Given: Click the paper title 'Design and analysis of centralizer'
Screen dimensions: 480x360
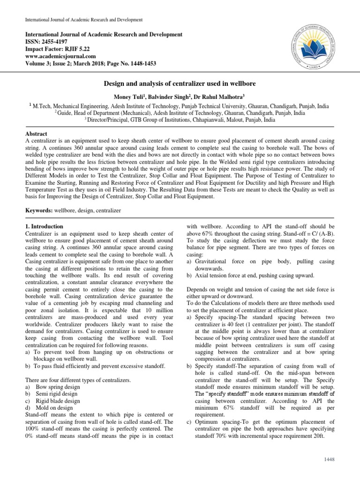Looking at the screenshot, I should point(180,82).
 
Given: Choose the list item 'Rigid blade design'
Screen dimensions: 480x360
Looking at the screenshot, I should point(62,401).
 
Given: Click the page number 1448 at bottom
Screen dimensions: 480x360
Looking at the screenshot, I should point(329,460).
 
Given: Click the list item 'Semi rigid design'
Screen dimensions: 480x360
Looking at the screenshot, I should point(61,394).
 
